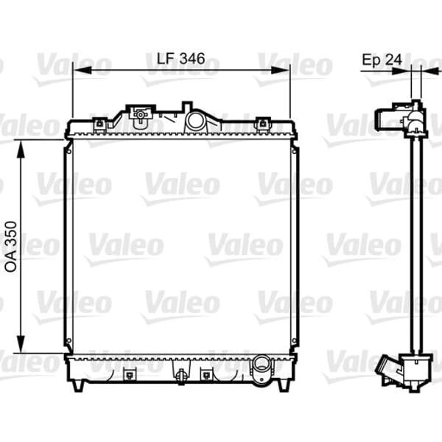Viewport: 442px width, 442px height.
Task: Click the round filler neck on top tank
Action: (196, 120)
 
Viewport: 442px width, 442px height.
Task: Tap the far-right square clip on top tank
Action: (261, 123)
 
